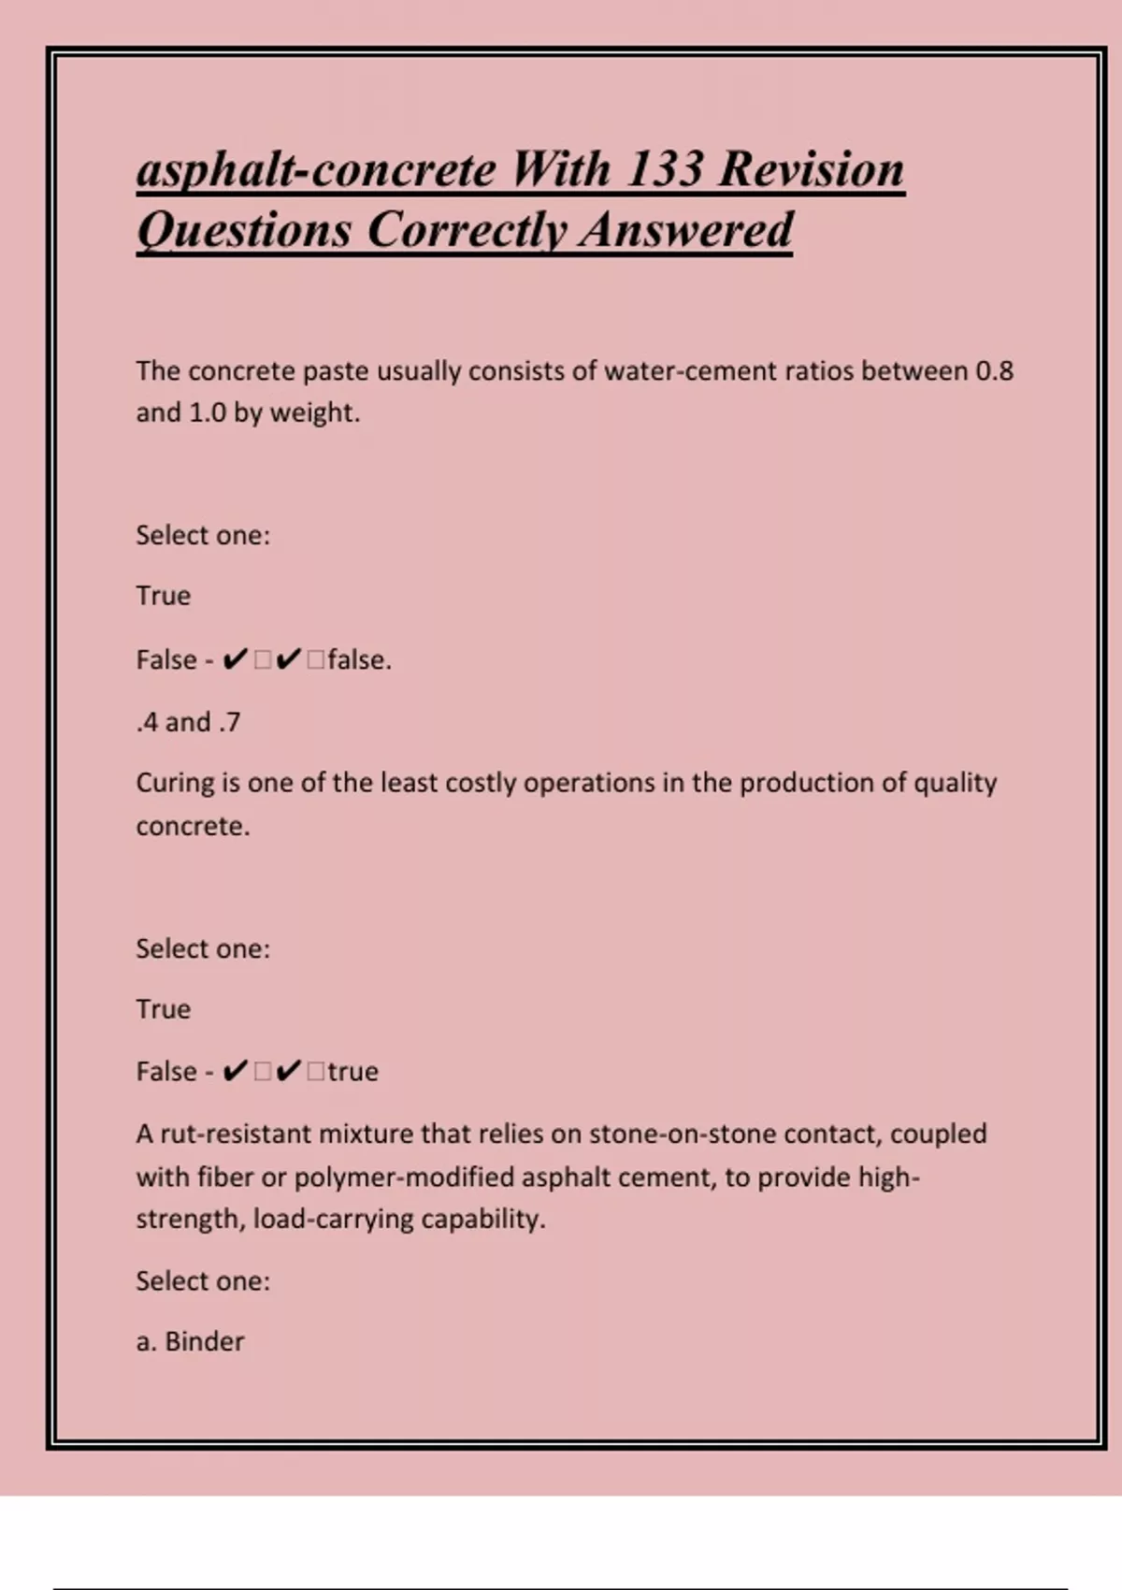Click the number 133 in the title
pyautogui.click(x=664, y=169)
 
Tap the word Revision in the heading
pyautogui.click(x=812, y=169)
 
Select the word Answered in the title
pyautogui.click(x=685, y=230)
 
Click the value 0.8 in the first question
pyautogui.click(x=994, y=371)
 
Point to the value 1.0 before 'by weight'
pyautogui.click(x=208, y=412)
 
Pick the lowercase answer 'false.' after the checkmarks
pyautogui.click(x=359, y=660)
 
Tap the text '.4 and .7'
pyautogui.click(x=188, y=722)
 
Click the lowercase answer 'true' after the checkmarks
pyautogui.click(x=352, y=1072)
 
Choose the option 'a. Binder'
pyautogui.click(x=190, y=1342)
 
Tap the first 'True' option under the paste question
pyautogui.click(x=163, y=596)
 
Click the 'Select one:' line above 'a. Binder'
pyautogui.click(x=203, y=1281)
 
